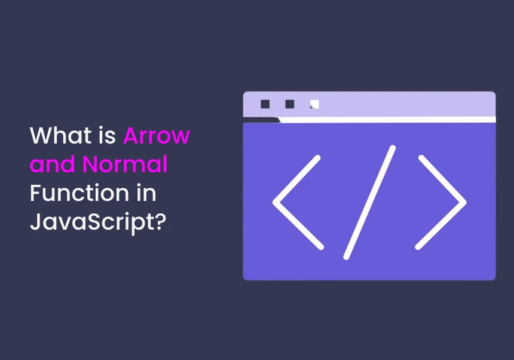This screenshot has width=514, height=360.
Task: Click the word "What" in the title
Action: [60, 135]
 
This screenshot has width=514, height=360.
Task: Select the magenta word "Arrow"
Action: [157, 135]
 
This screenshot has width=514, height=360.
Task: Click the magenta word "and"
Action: [52, 164]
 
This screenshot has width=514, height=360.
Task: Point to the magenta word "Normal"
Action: [125, 164]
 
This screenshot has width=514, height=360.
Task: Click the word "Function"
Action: [79, 193]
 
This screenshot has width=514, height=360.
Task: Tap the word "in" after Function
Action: [146, 193]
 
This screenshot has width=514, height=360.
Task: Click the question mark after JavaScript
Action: [160, 221]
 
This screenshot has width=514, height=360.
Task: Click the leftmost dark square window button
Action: [265, 104]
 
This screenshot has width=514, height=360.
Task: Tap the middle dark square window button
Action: [290, 104]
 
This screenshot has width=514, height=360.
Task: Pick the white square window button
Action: [315, 104]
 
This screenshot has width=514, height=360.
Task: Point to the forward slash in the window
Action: [369, 203]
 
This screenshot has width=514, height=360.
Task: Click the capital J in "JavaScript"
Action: [36, 222]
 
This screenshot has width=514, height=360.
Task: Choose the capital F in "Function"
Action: [36, 193]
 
